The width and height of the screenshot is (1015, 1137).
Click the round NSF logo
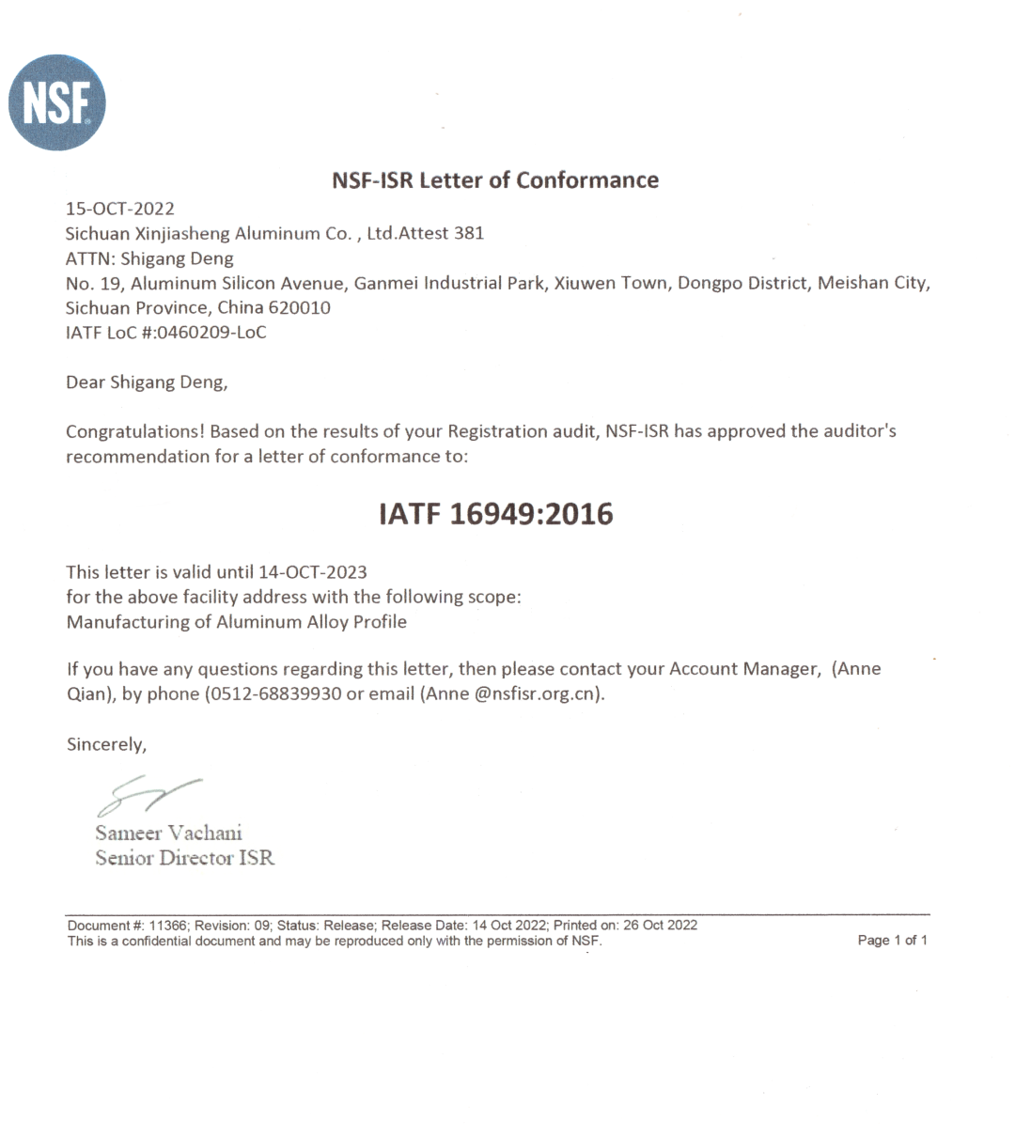(x=57, y=102)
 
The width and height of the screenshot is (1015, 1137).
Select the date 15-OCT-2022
(x=120, y=209)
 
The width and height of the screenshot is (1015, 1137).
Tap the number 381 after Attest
(x=468, y=233)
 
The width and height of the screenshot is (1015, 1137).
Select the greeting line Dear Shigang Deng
(x=146, y=382)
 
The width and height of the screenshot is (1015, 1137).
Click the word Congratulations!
(x=135, y=431)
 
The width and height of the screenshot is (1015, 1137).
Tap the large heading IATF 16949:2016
(x=495, y=514)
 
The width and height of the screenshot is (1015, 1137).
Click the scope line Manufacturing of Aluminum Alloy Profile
(x=236, y=621)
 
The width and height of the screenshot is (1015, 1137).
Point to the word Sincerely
(x=105, y=744)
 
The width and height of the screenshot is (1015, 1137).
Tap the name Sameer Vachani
(x=169, y=833)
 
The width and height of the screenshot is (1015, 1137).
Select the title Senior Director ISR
(x=184, y=858)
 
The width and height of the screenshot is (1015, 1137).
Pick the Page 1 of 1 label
(x=892, y=940)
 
